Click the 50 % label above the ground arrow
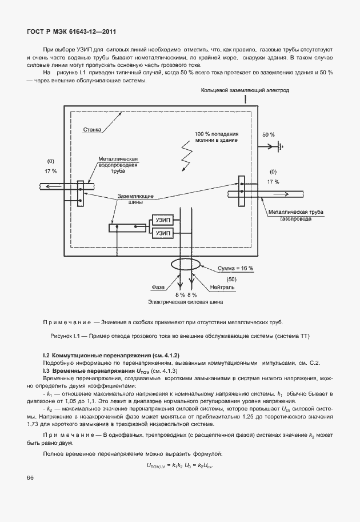pos(268,134)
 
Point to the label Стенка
pos(93,130)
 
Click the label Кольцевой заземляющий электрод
pos(245,90)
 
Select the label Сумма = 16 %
pos(235,268)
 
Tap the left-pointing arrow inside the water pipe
pos(54,186)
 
